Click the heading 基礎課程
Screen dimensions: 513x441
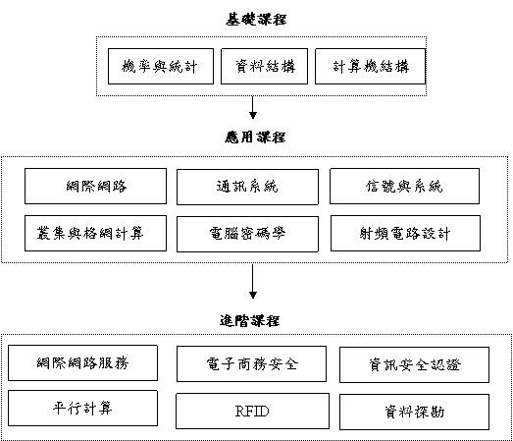click(256, 19)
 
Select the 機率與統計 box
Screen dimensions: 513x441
click(161, 66)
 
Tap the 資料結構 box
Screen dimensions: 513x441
click(265, 66)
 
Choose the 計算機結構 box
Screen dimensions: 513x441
click(371, 66)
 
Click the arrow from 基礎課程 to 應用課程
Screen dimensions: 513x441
click(252, 107)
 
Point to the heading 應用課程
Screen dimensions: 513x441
click(255, 137)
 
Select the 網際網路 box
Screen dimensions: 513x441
click(95, 186)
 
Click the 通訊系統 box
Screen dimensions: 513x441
click(247, 187)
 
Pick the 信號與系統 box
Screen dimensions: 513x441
click(405, 186)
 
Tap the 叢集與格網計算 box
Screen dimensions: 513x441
click(95, 234)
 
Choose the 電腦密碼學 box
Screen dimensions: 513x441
click(247, 234)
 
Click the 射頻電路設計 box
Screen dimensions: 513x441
click(406, 234)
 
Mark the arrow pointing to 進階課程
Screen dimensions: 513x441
click(252, 282)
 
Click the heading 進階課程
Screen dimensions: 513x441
click(249, 320)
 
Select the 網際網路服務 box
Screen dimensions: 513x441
click(82, 362)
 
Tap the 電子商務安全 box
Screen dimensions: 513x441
click(251, 363)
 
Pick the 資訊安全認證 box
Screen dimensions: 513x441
click(415, 364)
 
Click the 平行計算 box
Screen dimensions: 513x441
click(82, 408)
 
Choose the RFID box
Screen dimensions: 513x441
click(252, 411)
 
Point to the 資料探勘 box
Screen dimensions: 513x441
click(415, 412)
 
